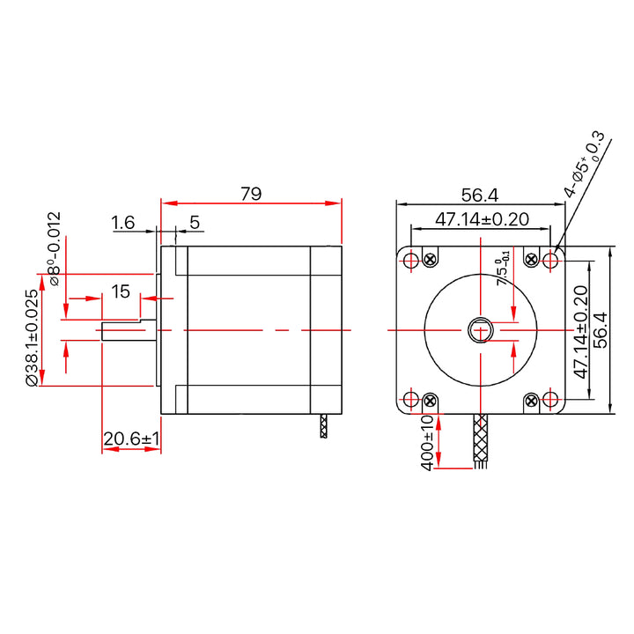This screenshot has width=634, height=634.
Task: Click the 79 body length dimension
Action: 251,194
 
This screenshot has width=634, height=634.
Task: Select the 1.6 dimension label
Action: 123,223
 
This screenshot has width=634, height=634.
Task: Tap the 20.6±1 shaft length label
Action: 131,439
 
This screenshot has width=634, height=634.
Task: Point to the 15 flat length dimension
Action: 121,291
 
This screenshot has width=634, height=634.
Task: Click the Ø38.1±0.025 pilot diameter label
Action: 33,338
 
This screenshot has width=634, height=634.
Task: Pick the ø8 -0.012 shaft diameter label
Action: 55,248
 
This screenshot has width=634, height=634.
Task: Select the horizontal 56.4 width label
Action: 480,195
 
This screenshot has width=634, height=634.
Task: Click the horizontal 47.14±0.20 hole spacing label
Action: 482,219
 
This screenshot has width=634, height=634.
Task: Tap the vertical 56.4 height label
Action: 601,330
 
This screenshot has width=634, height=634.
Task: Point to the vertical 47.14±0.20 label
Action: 580,332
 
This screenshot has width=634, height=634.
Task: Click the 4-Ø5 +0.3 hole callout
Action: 585,164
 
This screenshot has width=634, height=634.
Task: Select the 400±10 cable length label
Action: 427,443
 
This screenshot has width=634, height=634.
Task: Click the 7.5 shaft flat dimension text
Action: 503,268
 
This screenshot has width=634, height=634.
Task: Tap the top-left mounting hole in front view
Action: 411,260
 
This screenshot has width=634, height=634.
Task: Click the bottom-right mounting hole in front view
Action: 549,399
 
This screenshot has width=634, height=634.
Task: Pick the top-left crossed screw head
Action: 431,259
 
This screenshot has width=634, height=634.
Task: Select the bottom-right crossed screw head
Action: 531,402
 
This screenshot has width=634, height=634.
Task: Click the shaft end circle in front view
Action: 481,330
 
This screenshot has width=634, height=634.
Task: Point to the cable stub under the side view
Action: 323,426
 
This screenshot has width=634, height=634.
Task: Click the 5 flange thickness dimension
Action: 195,223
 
